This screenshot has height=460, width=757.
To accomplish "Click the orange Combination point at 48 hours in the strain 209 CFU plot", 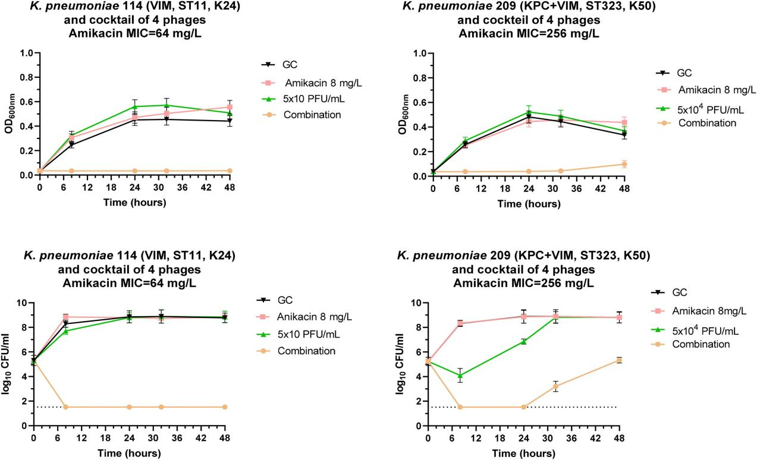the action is coord(619,360).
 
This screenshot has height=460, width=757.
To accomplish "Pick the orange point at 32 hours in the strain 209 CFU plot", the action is coord(555,386).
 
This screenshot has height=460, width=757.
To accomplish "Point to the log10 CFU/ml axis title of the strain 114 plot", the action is coord(7,364).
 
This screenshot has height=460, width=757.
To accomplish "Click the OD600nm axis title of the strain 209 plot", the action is coord(403,114).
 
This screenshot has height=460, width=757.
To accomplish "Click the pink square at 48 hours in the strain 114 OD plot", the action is coord(230,107).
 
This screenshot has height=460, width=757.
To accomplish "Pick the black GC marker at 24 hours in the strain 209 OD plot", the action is coord(529,117).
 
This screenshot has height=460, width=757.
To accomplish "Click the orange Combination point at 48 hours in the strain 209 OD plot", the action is coord(624,165).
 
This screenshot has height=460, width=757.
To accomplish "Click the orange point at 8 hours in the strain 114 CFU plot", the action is coord(66,407).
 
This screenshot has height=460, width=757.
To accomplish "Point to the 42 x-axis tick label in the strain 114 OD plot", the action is coord(206,187).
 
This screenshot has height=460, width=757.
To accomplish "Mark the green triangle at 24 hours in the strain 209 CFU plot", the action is coord(523,342).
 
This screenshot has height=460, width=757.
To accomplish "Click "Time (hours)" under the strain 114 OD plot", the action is coord(134,202).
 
